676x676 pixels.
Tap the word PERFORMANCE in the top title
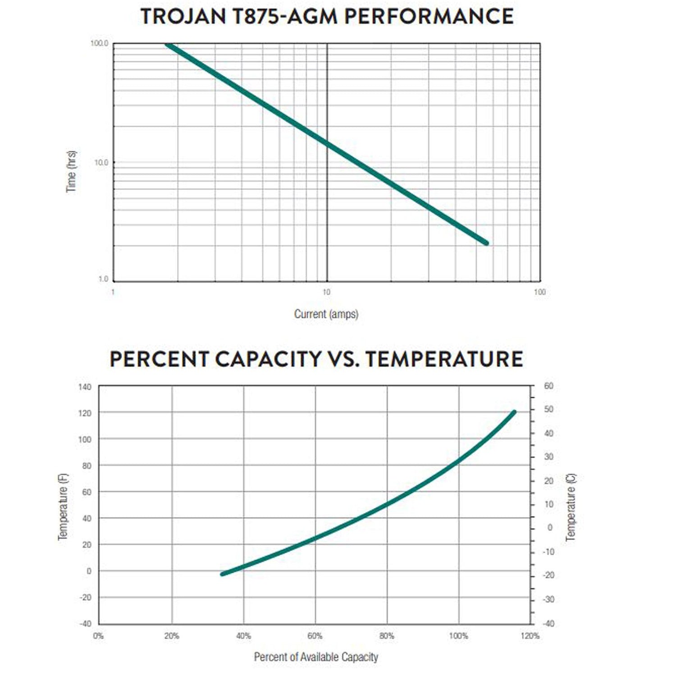click(x=429, y=17)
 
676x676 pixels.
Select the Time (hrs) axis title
click(x=71, y=171)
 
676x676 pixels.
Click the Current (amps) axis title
click(x=326, y=314)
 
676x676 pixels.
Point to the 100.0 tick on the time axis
click(x=99, y=44)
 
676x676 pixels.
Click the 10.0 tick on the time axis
click(x=101, y=163)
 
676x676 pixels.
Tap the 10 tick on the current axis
click(x=326, y=292)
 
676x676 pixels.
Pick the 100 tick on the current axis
click(x=539, y=292)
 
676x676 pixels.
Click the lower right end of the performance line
click(x=486, y=243)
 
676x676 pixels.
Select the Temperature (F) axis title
click(x=63, y=507)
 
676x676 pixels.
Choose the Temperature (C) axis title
click(x=571, y=507)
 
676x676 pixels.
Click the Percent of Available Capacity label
click(x=316, y=657)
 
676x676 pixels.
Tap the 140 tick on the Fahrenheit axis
click(x=85, y=387)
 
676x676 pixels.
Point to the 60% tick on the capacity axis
click(x=315, y=636)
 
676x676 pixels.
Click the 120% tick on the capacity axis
click(x=530, y=636)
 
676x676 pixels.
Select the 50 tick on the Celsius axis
click(x=548, y=409)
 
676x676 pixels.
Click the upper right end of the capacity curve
click(x=514, y=412)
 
